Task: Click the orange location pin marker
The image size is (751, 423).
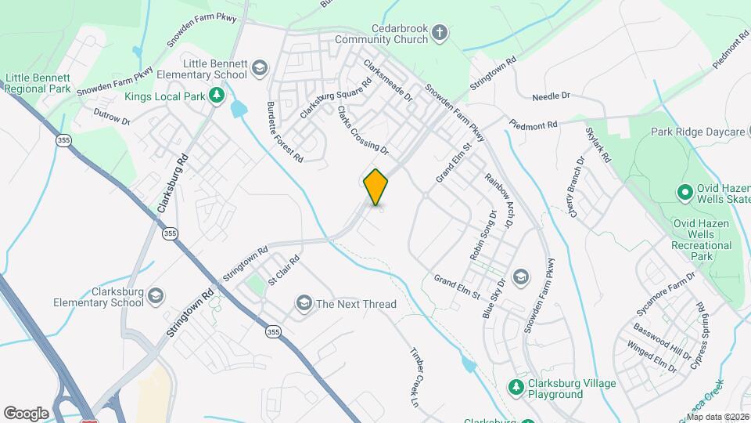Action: point(375,187)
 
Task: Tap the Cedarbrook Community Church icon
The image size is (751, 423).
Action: point(440,33)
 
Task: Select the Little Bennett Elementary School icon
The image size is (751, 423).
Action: point(257,69)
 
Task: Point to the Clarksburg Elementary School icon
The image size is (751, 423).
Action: point(156,295)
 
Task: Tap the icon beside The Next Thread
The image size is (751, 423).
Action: point(303,303)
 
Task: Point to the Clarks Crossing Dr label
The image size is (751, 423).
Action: point(362,129)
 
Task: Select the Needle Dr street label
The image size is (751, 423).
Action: point(551,96)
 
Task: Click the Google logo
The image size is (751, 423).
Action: point(26,414)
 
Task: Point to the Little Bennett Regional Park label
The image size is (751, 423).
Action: point(37,84)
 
